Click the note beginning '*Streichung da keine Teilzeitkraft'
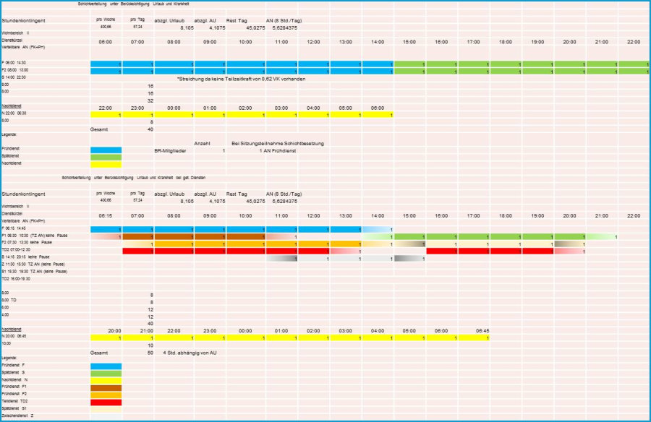241,78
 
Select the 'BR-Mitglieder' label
170,150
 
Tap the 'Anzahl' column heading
203,143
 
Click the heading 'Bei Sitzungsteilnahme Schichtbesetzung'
278,143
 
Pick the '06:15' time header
106,216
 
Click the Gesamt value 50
150,352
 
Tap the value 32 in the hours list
150,100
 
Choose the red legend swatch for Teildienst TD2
106,402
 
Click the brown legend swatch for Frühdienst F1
106,387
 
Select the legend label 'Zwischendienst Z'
17,416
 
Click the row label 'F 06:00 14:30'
14,64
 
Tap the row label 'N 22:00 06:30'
14,114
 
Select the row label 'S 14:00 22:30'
14,77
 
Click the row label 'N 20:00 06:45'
14,337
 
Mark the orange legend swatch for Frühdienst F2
106,395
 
